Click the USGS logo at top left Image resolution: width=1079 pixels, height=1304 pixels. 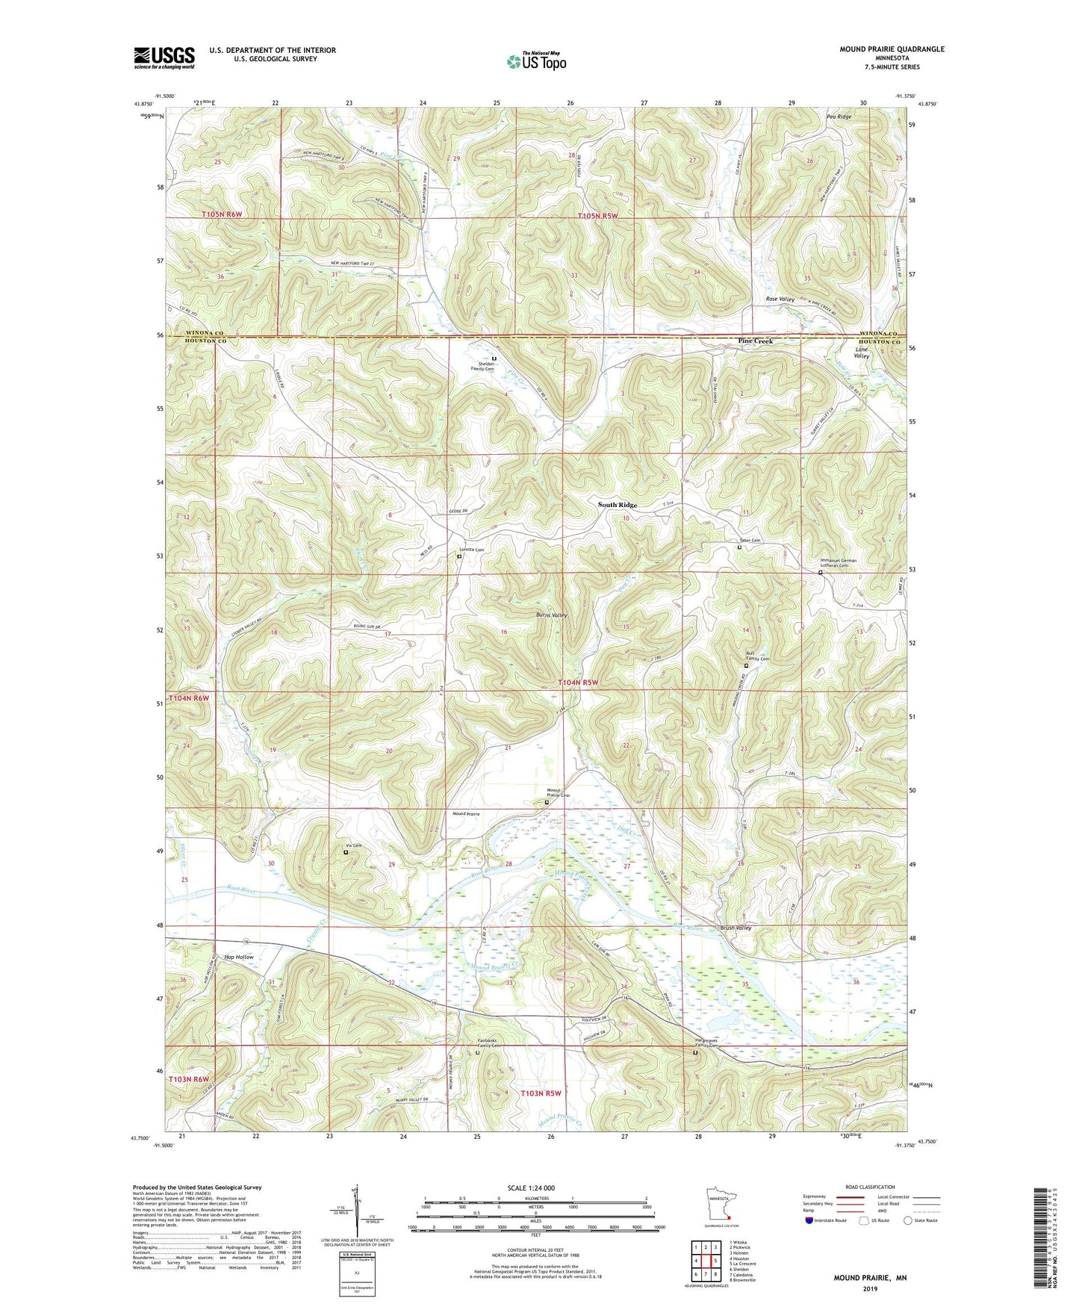click(x=164, y=57)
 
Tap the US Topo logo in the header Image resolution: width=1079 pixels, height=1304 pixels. click(x=536, y=61)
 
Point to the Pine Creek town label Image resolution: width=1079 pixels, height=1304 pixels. click(x=755, y=341)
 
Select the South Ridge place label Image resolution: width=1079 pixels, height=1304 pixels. click(x=618, y=505)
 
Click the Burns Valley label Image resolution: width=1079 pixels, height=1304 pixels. click(x=552, y=615)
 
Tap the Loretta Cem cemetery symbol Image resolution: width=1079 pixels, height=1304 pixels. click(x=459, y=556)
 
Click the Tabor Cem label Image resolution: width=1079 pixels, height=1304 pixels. click(x=749, y=541)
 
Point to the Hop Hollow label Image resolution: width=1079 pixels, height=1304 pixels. click(x=239, y=957)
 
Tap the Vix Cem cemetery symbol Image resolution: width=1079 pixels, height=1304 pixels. click(x=346, y=852)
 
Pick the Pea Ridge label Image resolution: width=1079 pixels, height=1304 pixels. click(x=839, y=117)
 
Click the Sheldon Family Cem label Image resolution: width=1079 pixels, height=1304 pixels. click(x=482, y=367)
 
